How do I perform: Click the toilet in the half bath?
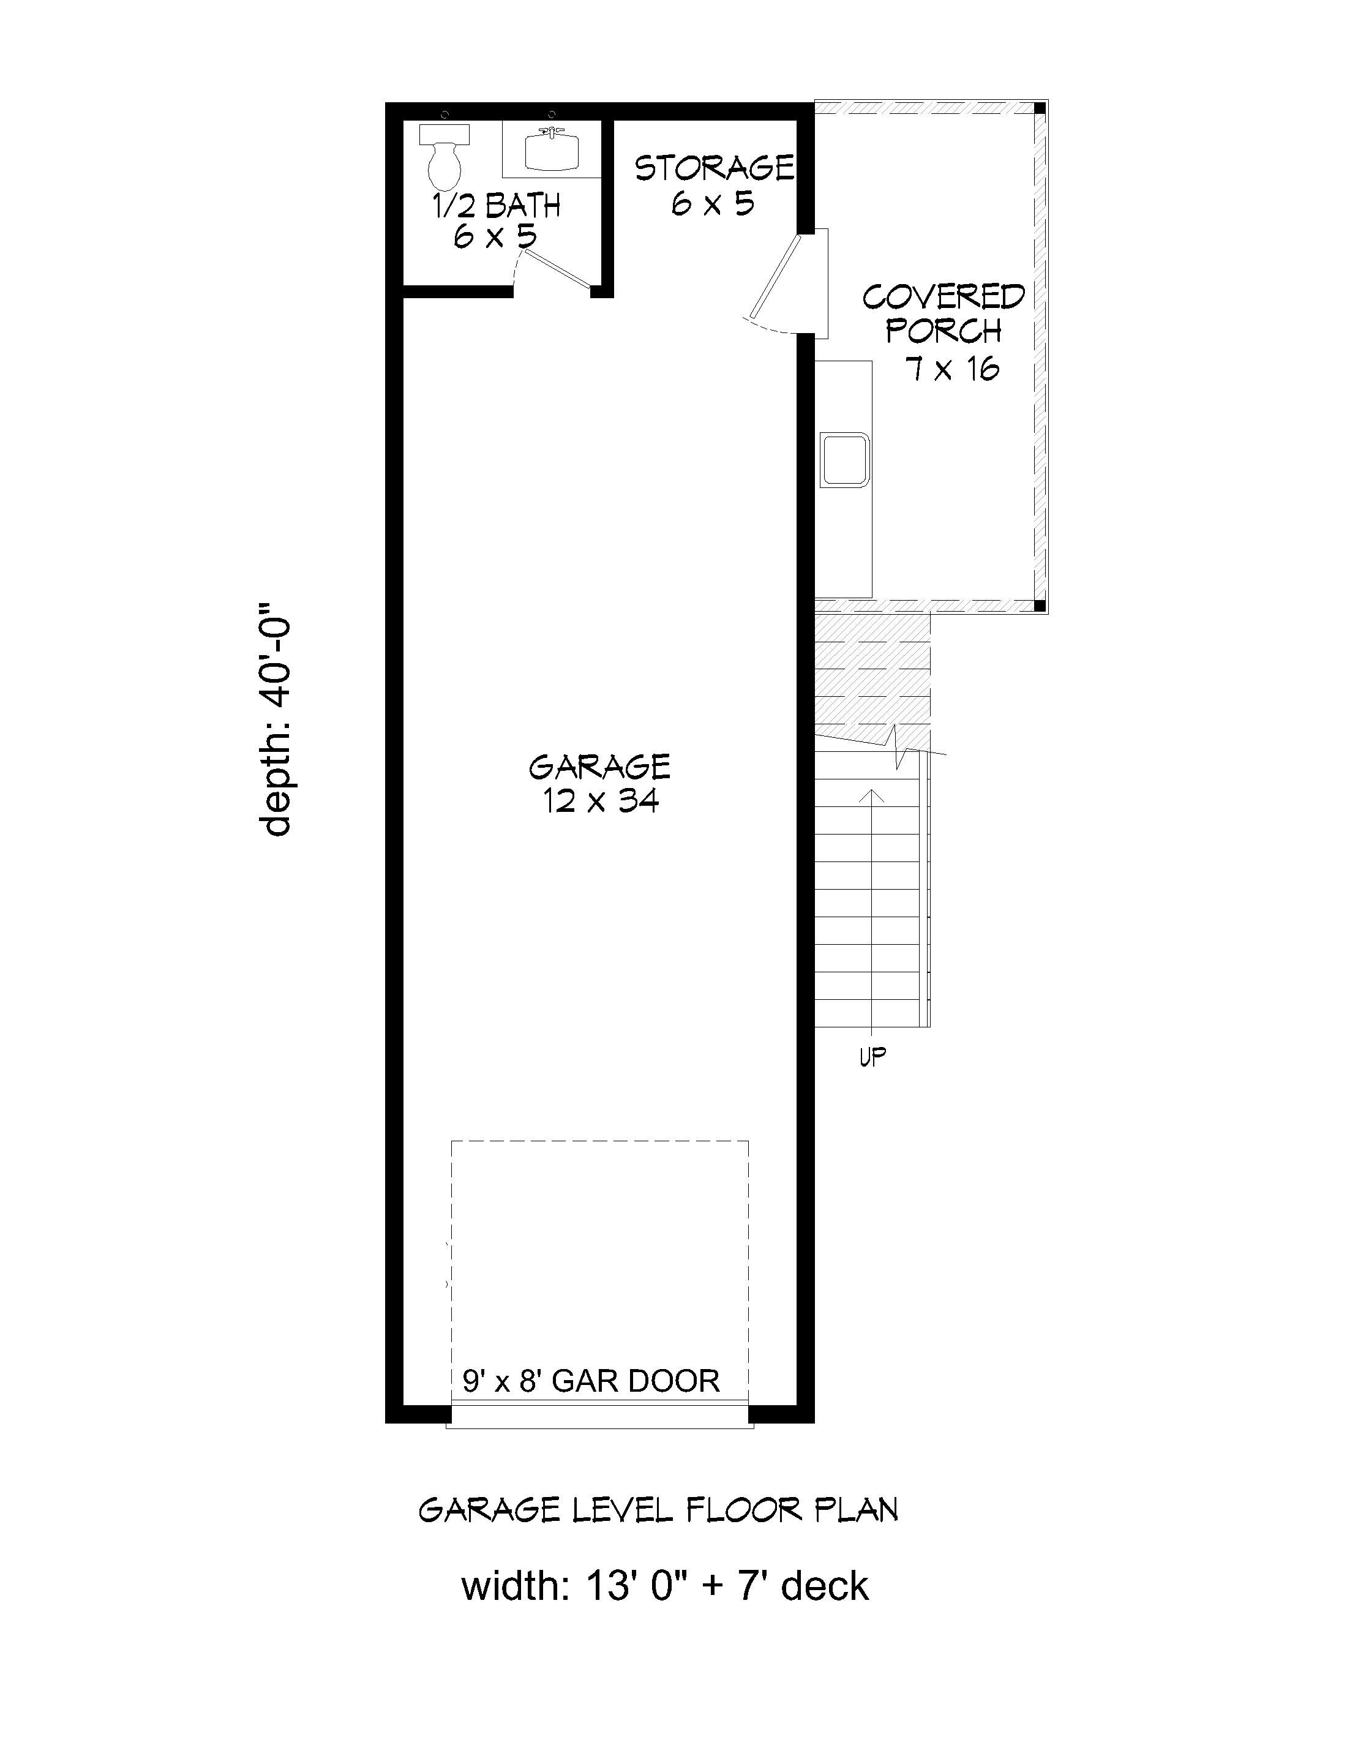click(x=445, y=158)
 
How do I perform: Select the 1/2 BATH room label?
click(x=496, y=206)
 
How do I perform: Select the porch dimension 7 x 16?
click(x=951, y=369)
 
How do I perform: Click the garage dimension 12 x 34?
click(x=601, y=801)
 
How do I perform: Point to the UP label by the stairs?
click(x=872, y=1057)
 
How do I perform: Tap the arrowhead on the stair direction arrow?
click(x=876, y=794)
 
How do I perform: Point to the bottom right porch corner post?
click(x=1040, y=605)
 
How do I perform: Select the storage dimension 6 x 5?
click(x=713, y=204)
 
